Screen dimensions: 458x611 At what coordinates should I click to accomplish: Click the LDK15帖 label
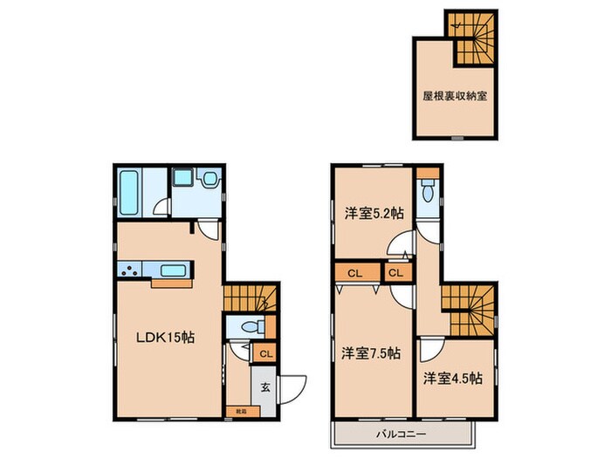[163, 338]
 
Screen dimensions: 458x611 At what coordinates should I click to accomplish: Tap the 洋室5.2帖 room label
[373, 214]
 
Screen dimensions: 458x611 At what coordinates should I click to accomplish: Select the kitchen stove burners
[133, 270]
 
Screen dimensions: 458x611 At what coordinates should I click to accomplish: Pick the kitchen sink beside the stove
[174, 270]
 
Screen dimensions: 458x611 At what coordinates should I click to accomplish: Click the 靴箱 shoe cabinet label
[240, 409]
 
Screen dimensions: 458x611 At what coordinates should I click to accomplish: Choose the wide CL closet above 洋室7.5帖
[354, 274]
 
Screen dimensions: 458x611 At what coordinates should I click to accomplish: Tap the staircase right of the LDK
[250, 299]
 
